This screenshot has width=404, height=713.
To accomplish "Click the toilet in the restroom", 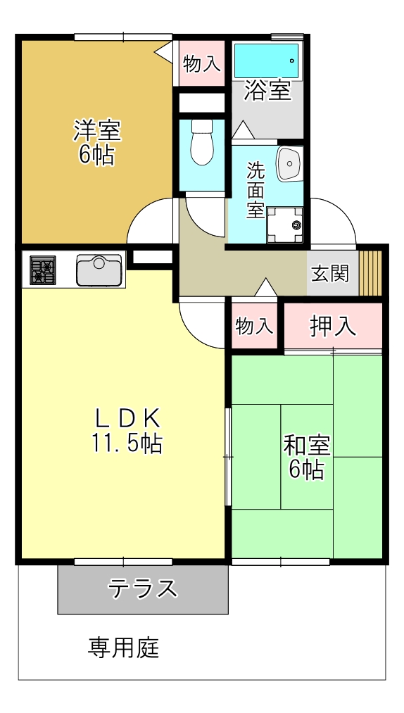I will coord(202,143).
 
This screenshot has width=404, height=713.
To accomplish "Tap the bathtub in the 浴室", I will coord(267,61).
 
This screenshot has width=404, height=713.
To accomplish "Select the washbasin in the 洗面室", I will coord(289,163).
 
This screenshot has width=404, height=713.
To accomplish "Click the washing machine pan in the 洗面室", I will coord(285,225).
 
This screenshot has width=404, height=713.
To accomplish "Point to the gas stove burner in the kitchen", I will coord(43,271).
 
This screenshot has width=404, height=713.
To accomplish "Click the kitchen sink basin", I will coord(99,270).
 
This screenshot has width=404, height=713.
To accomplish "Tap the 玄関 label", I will coord(330,273).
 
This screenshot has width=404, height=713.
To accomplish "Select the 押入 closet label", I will coord(333,326).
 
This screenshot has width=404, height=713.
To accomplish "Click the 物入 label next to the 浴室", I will coord(202,64).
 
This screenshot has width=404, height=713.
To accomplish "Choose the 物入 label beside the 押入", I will coord(254,327).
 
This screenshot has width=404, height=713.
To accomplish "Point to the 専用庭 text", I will coord(124,648).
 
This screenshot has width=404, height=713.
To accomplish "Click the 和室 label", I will coord(307,446).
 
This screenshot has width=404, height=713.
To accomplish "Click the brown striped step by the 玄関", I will coord(370,272).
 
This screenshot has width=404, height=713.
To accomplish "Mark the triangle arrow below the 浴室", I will coord(243,130).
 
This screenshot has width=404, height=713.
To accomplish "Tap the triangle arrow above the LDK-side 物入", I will coord(265,286).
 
